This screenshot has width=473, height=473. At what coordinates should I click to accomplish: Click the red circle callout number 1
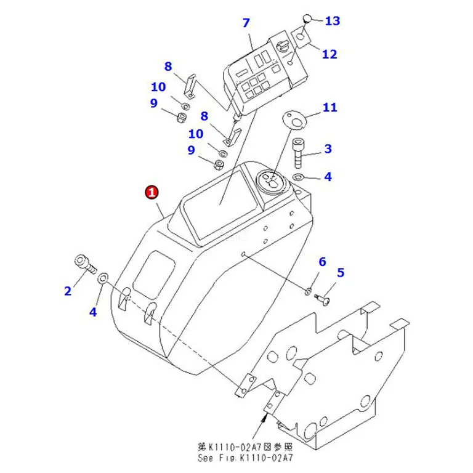[152, 192]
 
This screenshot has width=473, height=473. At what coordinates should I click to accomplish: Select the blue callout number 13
[333, 21]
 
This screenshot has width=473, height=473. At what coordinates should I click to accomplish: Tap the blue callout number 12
[329, 54]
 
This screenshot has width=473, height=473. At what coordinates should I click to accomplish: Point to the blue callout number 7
[246, 23]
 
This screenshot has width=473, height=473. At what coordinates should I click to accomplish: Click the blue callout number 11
[329, 107]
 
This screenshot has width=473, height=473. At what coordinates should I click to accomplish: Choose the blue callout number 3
[328, 148]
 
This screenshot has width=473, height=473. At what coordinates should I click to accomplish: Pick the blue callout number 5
[341, 273]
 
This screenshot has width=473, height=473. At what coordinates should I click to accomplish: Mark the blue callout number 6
[323, 262]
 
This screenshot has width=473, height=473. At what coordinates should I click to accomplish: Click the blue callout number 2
[68, 291]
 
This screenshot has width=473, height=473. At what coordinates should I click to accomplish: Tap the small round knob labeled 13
[307, 18]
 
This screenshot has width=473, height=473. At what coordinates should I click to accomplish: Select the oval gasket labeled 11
[294, 121]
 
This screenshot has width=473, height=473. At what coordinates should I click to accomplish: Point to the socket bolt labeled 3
[297, 152]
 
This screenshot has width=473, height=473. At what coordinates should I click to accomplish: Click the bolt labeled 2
[85, 264]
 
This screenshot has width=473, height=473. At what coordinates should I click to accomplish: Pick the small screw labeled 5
[322, 299]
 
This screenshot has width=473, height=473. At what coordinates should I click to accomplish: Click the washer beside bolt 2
[103, 278]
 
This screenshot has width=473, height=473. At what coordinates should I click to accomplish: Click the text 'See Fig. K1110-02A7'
[245, 458]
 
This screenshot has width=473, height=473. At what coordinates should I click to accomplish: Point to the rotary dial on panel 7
[282, 47]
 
